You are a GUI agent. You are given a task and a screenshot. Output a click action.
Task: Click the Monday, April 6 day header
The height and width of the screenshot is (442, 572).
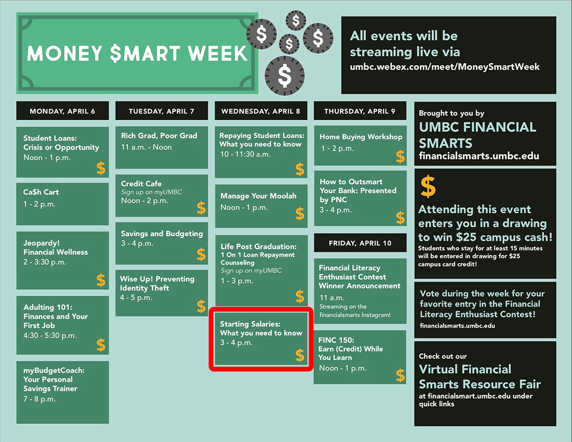[x=62, y=111]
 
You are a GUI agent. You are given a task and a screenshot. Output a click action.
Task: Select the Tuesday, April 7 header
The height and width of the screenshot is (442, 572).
[x=162, y=111]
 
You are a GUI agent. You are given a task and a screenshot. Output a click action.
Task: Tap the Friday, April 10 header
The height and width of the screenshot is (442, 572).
[x=360, y=243]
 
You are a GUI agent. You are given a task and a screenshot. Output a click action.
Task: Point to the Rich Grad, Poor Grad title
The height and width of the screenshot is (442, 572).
[x=159, y=136]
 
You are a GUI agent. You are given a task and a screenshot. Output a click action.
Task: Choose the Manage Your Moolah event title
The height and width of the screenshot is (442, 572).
[x=258, y=196]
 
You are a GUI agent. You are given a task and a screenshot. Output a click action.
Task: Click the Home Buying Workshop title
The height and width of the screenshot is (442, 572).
[x=361, y=137]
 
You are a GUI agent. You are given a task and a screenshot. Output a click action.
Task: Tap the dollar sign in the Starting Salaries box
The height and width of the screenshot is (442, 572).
[x=300, y=355]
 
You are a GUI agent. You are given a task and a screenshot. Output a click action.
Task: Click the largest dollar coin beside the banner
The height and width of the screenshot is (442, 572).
[x=284, y=76]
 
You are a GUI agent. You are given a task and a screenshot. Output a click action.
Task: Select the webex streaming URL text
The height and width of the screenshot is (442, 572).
[x=445, y=67]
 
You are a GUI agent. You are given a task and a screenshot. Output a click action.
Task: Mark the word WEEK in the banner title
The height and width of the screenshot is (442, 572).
[x=218, y=54]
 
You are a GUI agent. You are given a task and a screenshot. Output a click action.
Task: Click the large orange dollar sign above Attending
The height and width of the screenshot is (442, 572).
[x=428, y=186]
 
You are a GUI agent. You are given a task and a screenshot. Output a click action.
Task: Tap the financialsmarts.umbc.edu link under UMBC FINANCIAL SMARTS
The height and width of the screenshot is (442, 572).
[x=479, y=156]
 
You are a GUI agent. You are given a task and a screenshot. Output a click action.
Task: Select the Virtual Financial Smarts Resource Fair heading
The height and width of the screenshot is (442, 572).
[x=480, y=377]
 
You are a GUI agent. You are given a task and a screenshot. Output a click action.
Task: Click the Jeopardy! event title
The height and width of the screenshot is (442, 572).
[x=42, y=243]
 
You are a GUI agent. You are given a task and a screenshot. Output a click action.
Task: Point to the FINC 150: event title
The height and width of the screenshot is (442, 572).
[x=336, y=340]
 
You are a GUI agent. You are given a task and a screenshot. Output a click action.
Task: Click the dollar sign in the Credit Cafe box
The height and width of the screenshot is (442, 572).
[x=201, y=208]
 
